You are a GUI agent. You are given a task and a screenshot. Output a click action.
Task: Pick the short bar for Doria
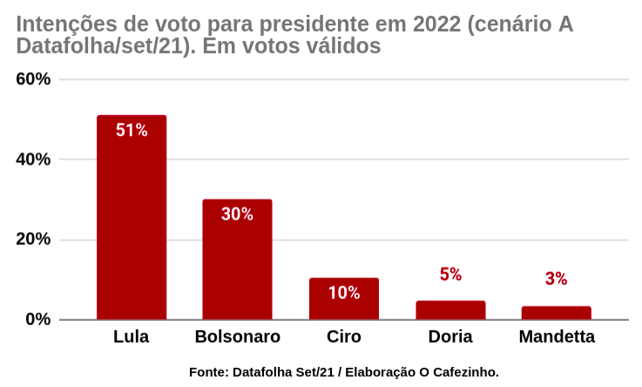click(450, 310)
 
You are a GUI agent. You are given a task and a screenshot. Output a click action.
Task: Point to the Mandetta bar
click(557, 313)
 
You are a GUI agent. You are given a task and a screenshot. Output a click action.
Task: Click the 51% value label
click(132, 131)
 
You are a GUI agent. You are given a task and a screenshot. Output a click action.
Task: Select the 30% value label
click(237, 214)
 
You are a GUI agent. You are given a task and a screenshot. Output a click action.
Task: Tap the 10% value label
click(344, 293)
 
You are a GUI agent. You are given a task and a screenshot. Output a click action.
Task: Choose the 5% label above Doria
click(450, 275)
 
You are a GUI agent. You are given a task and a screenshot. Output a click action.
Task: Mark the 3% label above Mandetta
click(557, 279)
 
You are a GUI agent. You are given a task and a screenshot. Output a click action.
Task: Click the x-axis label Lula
click(132, 337)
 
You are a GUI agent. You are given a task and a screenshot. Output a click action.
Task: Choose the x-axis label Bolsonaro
click(237, 337)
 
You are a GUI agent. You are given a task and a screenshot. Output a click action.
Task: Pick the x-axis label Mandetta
click(557, 337)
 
